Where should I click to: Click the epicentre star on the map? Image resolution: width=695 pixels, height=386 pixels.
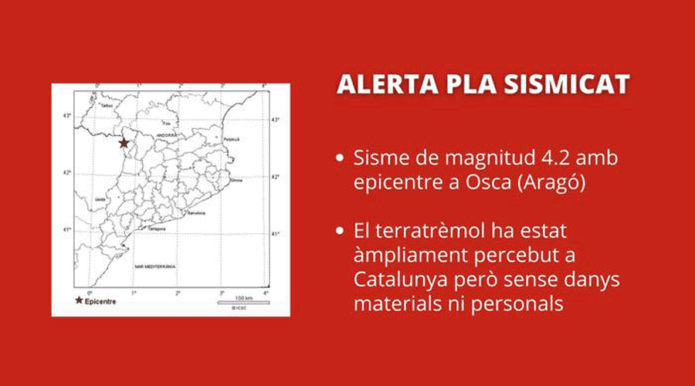124,143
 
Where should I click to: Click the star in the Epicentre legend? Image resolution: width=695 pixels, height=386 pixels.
79,300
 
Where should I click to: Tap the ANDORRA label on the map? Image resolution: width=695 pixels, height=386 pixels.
165,134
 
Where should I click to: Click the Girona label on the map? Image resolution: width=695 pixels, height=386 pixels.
236,180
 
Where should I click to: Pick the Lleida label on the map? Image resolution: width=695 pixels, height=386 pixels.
98,198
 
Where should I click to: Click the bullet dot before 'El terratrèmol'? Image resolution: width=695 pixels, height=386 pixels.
341,231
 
